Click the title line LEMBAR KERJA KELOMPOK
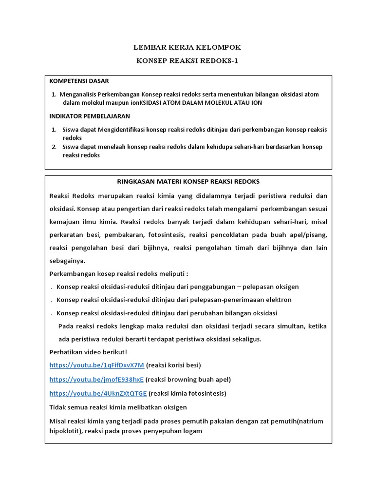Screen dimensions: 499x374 click(x=187, y=47)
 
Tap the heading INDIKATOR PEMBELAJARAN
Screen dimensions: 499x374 click(x=90, y=116)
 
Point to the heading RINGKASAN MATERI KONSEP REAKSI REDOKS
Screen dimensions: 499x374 click(x=188, y=182)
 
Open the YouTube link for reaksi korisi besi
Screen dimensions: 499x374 click(x=97, y=365)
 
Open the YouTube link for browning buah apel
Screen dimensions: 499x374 click(x=96, y=379)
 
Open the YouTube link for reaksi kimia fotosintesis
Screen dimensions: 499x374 click(x=98, y=393)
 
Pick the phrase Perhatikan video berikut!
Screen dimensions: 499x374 click(x=88, y=352)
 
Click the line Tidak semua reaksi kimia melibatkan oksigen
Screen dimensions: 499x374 click(x=118, y=407)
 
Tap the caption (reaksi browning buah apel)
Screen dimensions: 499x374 click(x=188, y=379)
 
